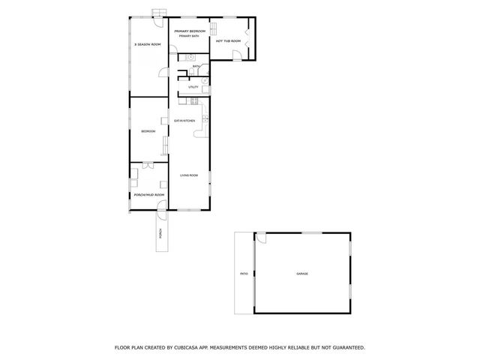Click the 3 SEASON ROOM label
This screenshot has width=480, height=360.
tap(148, 45)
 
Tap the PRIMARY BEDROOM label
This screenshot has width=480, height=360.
tap(190, 31)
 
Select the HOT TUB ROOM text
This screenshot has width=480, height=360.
tap(228, 40)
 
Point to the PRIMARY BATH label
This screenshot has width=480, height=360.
tap(189, 36)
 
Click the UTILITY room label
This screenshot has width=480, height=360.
tap(193, 87)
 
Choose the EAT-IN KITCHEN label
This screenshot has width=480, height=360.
tap(184, 121)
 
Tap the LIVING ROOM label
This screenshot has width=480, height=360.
tap(188, 175)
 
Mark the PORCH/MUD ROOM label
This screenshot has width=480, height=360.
tap(148, 194)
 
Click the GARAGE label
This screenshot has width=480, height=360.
tap(301, 273)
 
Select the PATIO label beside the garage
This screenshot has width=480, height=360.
tap(244, 274)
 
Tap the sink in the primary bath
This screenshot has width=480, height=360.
tap(190, 57)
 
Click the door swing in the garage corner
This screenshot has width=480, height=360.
tap(262, 238)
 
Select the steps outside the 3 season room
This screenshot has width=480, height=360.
tap(158, 12)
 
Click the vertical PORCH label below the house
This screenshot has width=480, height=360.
tap(159, 235)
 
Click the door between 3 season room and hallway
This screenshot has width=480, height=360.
tap(163, 72)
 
